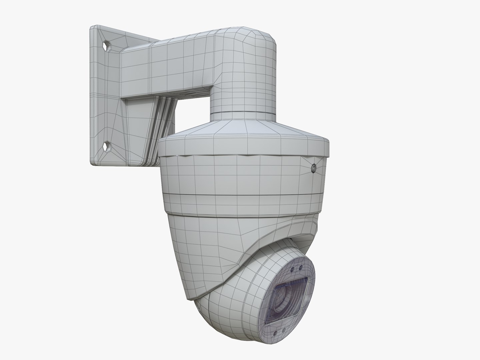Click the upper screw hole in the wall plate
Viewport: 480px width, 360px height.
coord(107,46)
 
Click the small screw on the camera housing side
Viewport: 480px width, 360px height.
coord(314,169)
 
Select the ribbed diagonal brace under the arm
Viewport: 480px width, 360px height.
coord(157,127)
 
